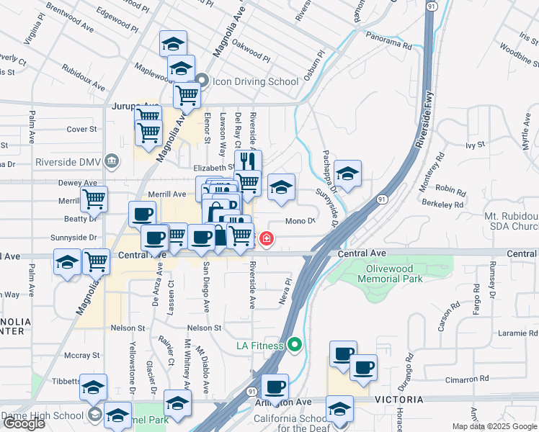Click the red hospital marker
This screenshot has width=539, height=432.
[x=266, y=238]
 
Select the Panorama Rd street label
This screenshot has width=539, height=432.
[x=388, y=45]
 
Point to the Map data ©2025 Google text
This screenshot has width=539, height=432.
[x=494, y=426]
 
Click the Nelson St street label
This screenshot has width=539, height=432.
[x=206, y=328]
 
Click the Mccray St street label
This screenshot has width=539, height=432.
[x=81, y=355]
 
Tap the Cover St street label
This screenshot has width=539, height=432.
[x=81, y=130]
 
